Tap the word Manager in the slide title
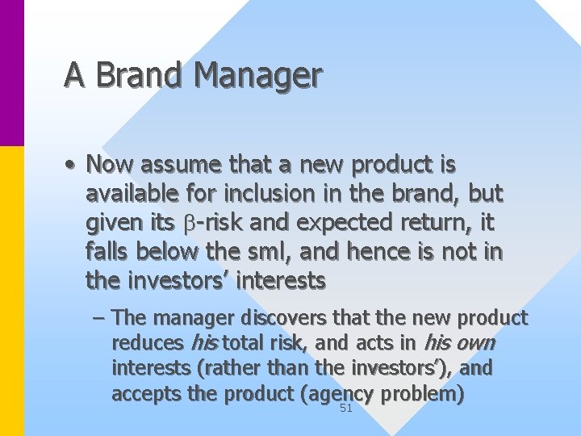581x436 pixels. coord(258,76)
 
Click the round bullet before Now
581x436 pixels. coord(72,166)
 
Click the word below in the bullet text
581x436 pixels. coord(166,252)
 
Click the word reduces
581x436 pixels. coord(147,343)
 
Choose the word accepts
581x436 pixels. coord(143,394)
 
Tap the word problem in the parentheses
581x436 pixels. coord(423,394)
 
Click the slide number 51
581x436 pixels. coord(346,409)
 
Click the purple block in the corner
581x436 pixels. coord(11,73)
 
